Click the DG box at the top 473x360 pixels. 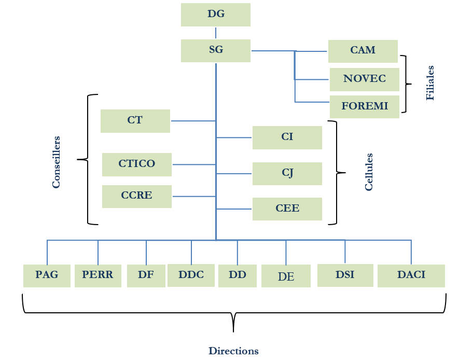tap(216, 15)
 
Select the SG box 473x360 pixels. tap(216, 50)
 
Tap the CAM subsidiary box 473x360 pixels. tap(363, 51)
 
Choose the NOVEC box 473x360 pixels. tap(365, 79)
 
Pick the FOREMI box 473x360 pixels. tap(365, 106)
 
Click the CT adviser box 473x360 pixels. tap(135, 120)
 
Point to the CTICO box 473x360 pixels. tap(137, 164)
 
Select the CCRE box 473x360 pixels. tap(137, 196)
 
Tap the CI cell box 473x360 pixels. tap(287, 137)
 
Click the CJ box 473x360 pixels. tap(287, 173)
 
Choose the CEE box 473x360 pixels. tap(287, 209)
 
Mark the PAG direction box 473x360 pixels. tap(47, 275)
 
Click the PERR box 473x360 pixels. tap(98, 275)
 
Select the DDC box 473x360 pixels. tap(191, 275)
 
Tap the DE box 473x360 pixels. tap(286, 276)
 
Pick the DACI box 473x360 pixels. tap(411, 275)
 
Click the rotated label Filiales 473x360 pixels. tap(430, 82)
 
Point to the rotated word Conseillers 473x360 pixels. tap(57, 162)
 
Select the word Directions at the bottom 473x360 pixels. tap(233, 351)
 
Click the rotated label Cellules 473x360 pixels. tap(369, 172)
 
